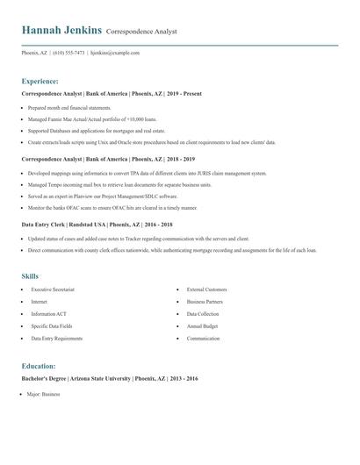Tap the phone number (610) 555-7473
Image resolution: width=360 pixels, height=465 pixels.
coord(69,53)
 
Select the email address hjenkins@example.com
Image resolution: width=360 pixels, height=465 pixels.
coord(115,53)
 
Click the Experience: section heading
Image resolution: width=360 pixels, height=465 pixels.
coord(40,80)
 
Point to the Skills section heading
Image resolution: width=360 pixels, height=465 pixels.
coord(31,276)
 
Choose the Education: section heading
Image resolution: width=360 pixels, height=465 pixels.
coord(39,365)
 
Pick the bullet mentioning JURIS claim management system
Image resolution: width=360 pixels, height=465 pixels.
coord(147,174)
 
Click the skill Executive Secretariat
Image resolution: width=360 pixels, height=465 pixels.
coord(53,289)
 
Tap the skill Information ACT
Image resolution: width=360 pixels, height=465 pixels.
coord(50,313)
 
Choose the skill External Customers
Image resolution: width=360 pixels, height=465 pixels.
coord(206,289)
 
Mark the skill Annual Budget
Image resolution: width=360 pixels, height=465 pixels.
coord(202,325)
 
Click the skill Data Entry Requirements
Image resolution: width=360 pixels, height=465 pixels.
coord(56,338)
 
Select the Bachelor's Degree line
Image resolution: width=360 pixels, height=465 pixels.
coord(109,378)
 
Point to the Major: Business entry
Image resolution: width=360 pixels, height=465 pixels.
coord(44,395)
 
